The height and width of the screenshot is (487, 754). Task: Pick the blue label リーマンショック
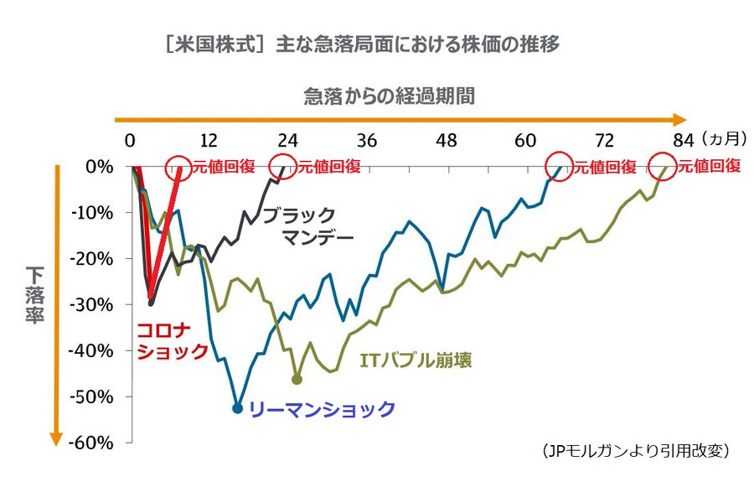[x=323, y=409]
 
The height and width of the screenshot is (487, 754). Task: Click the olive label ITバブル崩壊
[x=416, y=361]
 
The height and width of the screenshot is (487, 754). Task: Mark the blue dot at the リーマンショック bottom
[x=237, y=408]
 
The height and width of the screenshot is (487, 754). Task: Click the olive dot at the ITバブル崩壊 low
[x=297, y=380]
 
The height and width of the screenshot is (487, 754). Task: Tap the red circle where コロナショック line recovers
[x=179, y=166]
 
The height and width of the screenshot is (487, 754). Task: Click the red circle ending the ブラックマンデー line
[x=285, y=166]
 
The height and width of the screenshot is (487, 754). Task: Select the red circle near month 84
[x=665, y=166]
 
